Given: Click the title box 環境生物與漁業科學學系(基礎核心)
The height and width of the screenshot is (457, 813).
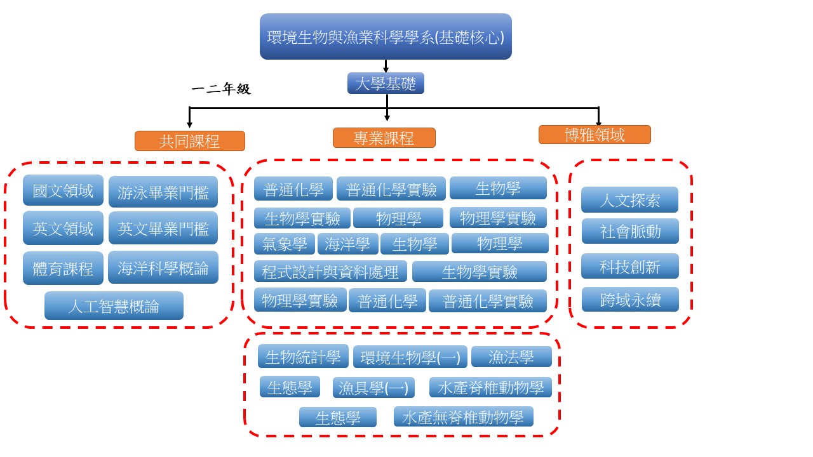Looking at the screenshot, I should tap(386, 37).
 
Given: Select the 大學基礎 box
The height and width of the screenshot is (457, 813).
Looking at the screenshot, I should tap(386, 83).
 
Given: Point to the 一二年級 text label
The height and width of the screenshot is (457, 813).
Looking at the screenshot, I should tap(221, 89).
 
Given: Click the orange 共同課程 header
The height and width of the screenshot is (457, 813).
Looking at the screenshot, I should tap(190, 141).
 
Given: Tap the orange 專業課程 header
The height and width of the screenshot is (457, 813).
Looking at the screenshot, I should tap(384, 138).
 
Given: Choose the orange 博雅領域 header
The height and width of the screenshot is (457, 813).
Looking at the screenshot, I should tap(595, 135).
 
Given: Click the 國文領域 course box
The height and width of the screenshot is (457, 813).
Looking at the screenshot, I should tap(63, 190).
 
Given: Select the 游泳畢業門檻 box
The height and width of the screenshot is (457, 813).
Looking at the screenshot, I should tap(163, 192).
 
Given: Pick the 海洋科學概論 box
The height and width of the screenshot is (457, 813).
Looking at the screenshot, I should tap(163, 268).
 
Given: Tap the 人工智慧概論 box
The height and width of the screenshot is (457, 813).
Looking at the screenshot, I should tap(114, 306).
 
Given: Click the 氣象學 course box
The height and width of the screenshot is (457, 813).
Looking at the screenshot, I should tap(285, 244).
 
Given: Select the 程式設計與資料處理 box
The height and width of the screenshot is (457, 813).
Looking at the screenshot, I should tap(330, 272).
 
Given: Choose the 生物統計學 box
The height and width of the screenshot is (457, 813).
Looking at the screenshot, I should tap(303, 357).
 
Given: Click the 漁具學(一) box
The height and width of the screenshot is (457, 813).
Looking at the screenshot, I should tap(373, 387).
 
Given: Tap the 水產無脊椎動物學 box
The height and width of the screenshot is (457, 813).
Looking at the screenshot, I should tap(463, 417).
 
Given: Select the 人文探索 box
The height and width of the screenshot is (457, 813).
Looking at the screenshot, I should tap(629, 200).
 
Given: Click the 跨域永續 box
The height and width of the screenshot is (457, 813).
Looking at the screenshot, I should tap(630, 300).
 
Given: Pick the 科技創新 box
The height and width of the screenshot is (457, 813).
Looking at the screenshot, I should tap(630, 267).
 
